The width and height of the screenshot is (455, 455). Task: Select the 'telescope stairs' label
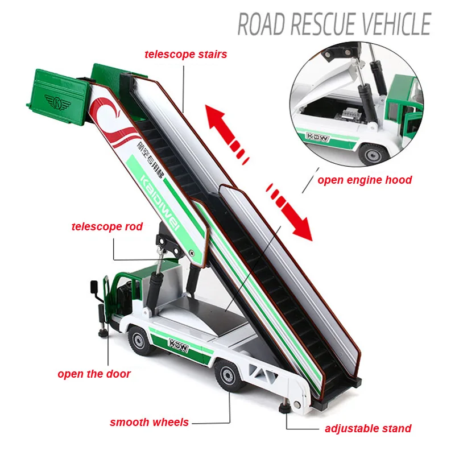[x=186, y=54]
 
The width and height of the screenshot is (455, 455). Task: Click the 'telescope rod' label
[x=107, y=226]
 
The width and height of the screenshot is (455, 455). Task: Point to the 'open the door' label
[x=94, y=374]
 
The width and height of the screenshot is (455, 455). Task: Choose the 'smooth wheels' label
[x=149, y=422]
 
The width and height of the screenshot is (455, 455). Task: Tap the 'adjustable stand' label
[x=368, y=428]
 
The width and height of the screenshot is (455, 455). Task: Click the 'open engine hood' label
[x=365, y=180]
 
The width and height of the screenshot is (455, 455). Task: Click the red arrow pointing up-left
[x=227, y=134]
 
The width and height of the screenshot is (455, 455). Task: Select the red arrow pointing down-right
[x=289, y=212]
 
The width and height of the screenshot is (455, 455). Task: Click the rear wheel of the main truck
[x=229, y=375]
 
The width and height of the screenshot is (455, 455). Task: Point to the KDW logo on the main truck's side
[x=179, y=345]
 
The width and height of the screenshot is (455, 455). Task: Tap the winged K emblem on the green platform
[x=58, y=102]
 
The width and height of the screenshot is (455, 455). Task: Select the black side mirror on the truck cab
[x=94, y=287]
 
